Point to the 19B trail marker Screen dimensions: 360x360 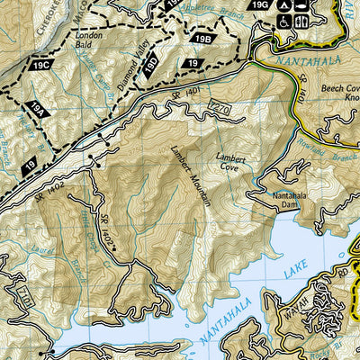(202, 40)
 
